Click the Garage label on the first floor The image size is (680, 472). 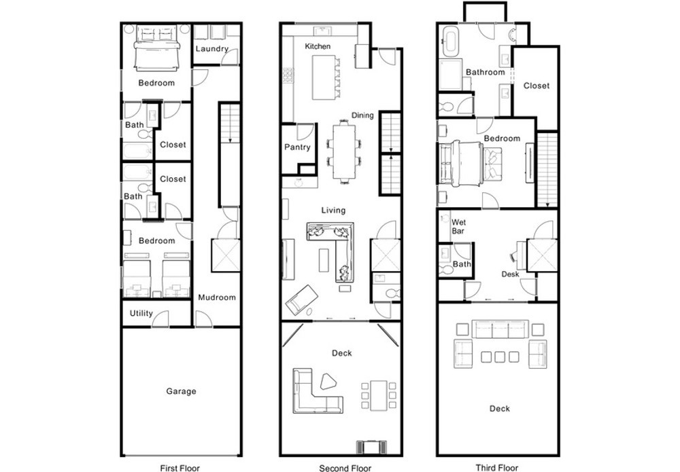tap(182, 391)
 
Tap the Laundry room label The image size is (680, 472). tap(211, 49)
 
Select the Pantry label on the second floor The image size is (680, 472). tap(298, 147)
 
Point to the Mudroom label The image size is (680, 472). tap(217, 297)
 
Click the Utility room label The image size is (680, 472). tap(141, 313)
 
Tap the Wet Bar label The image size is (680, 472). tap(458, 226)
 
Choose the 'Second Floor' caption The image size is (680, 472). tap(345, 468)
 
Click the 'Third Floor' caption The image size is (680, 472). tap(497, 468)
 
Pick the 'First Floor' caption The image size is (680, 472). tap(180, 468)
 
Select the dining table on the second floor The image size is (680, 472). tap(344, 152)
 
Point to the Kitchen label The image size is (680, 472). tap(318, 46)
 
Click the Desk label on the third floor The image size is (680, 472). tap(510, 274)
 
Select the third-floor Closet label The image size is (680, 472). tap(537, 86)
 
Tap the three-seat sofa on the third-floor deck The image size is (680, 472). tap(500, 329)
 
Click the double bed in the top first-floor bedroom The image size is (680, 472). tap(157, 48)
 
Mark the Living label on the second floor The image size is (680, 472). tap(333, 211)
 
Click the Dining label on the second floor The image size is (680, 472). tap(362, 115)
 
